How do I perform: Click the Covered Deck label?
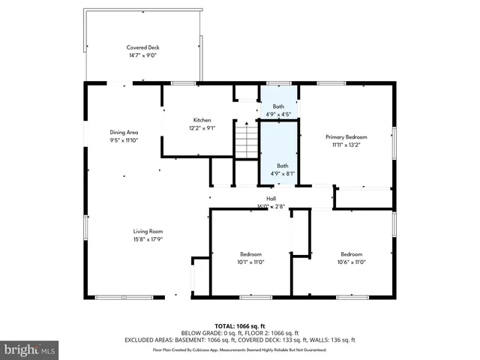point(142,47)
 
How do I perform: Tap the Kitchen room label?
point(202,120)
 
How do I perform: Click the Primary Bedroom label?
point(346,137)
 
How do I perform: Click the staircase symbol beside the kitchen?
point(246,140)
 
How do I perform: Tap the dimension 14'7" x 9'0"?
point(142,55)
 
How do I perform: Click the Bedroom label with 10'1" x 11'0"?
point(250,254)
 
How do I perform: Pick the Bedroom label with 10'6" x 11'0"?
point(351,254)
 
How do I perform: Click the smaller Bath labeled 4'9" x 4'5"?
point(279,106)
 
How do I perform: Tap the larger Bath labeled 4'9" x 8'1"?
point(282,166)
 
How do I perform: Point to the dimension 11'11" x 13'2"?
point(346,145)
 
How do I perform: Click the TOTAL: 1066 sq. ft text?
point(240,326)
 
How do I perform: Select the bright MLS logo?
point(30,349)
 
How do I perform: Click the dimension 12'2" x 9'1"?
point(202,127)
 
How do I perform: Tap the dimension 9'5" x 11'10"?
point(124,140)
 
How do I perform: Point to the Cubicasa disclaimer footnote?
point(240,349)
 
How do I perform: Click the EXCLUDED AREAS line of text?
point(240,340)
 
